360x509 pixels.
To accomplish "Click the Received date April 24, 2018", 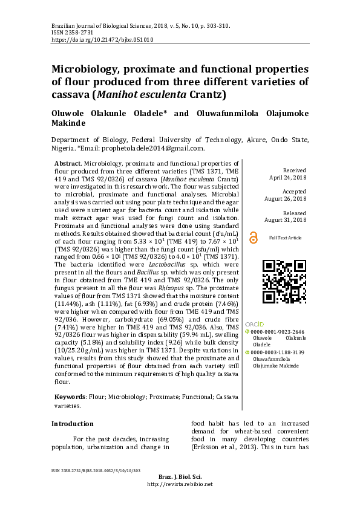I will point(287,178).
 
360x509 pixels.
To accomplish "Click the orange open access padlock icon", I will point(253,238).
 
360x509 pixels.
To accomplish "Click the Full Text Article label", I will point(285,238).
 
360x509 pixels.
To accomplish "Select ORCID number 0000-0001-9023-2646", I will point(278,332).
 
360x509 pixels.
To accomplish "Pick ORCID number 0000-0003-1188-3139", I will point(278,352).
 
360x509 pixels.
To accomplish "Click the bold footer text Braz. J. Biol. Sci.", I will point(179,478).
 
